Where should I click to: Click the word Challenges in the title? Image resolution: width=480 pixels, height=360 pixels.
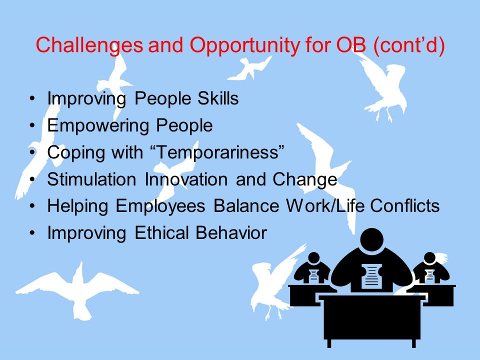coord(89,45)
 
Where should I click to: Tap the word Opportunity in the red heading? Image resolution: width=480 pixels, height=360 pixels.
coord(244,45)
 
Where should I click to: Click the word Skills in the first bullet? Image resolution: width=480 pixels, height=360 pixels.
coord(218,98)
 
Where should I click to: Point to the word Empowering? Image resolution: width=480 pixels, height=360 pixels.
coord(98,126)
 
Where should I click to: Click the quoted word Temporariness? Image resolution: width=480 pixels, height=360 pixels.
coord(218,151)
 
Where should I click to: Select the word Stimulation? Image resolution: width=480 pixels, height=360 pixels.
coord(91,179)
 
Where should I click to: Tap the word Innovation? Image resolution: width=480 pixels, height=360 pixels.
coord(186,179)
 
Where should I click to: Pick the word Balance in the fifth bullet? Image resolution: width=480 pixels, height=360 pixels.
coord(246,205)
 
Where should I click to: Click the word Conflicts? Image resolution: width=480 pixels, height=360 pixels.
coord(404,205)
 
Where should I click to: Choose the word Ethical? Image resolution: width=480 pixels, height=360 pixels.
coord(161,232)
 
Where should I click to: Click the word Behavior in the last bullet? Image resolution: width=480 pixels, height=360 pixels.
coord(231,232)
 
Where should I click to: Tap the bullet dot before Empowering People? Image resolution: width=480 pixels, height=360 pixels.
coord(32,125)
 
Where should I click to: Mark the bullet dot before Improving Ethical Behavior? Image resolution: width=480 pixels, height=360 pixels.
coord(32,232)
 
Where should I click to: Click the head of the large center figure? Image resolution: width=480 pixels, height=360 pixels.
coord(371,240)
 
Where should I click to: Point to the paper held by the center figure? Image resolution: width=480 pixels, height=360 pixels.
coord(371,276)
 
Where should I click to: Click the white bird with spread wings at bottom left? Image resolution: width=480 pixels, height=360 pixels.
coord(77,290)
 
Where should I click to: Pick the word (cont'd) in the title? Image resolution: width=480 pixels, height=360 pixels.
coord(409,45)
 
